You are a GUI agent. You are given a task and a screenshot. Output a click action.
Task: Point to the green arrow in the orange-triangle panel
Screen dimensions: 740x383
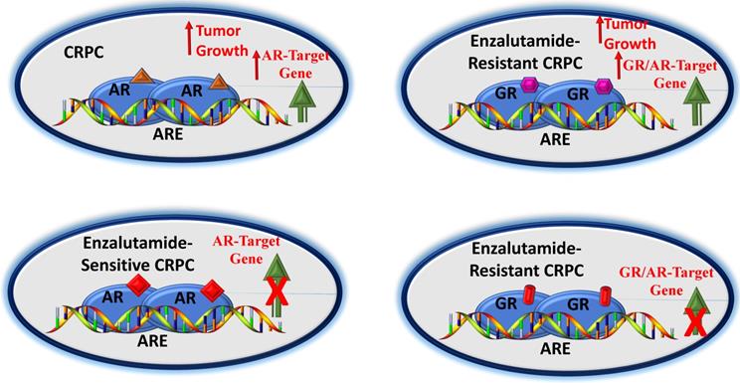click(301, 102)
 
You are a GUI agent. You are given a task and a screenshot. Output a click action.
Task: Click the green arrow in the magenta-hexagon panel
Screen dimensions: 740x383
click(694, 102)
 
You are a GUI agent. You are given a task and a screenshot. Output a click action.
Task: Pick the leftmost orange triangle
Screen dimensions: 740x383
click(140, 77)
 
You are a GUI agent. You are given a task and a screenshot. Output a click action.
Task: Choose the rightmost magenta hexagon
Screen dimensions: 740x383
click(602, 87)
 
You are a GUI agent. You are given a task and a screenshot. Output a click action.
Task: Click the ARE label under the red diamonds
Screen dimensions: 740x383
click(153, 341)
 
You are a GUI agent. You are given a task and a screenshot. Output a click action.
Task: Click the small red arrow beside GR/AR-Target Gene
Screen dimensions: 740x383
click(619, 65)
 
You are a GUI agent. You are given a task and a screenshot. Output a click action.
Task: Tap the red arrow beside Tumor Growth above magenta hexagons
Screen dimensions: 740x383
click(600, 29)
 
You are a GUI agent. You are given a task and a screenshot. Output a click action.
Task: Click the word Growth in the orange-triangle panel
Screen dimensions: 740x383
click(222, 50)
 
